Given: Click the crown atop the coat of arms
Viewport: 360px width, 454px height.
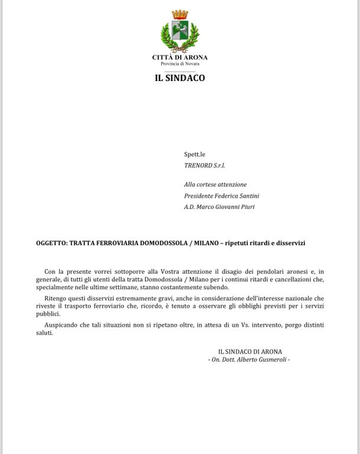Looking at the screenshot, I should tap(180, 15).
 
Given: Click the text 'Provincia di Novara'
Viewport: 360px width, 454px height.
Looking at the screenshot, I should tap(180, 63).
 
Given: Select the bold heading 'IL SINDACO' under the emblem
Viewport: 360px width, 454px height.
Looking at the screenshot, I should tap(180, 77).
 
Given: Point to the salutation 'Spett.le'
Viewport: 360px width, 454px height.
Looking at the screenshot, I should tap(194, 154).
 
